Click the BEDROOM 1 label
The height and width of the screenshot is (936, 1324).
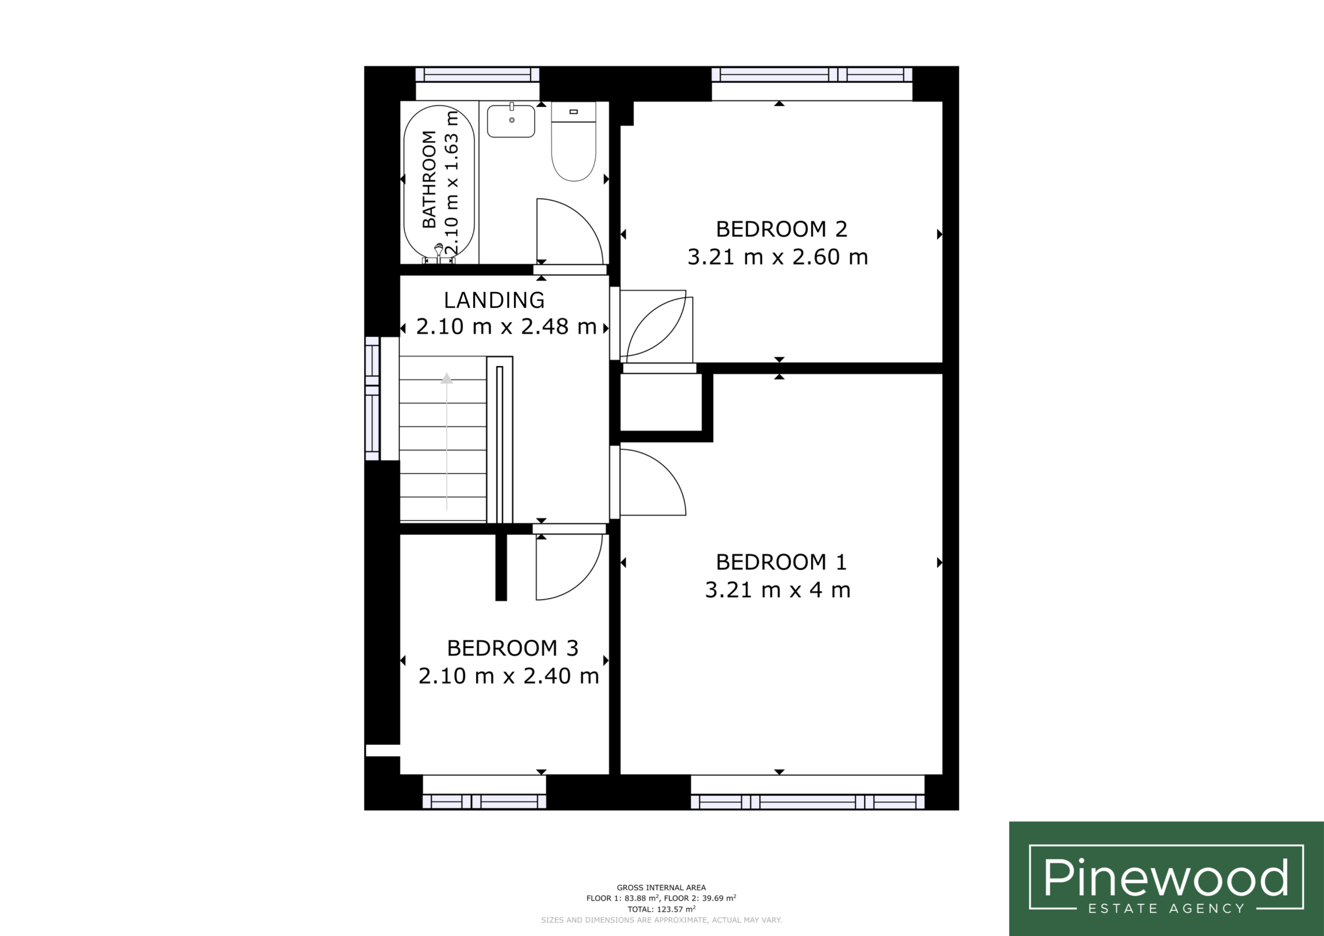[781, 562]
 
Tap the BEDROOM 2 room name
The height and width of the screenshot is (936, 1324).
[781, 230]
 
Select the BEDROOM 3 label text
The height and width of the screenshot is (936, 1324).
[513, 648]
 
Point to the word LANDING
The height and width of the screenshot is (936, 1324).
[494, 300]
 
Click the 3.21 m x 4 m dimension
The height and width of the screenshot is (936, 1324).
[778, 590]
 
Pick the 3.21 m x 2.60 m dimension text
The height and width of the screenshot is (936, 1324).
[778, 257]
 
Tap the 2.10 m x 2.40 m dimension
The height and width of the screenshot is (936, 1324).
[508, 676]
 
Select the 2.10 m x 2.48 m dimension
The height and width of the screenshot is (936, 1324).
[506, 327]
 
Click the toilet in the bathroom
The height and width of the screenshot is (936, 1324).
[574, 142]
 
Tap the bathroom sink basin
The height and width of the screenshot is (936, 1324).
[511, 120]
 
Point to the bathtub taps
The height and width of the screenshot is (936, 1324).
[439, 253]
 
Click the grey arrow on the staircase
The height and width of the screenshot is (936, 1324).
[446, 441]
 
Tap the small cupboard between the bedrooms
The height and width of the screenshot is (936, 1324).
[661, 402]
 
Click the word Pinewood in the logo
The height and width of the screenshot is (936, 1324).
[1166, 880]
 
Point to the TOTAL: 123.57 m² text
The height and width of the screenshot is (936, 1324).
[661, 910]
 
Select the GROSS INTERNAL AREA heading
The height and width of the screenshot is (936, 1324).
[661, 888]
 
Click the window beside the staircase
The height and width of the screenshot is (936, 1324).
[372, 399]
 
